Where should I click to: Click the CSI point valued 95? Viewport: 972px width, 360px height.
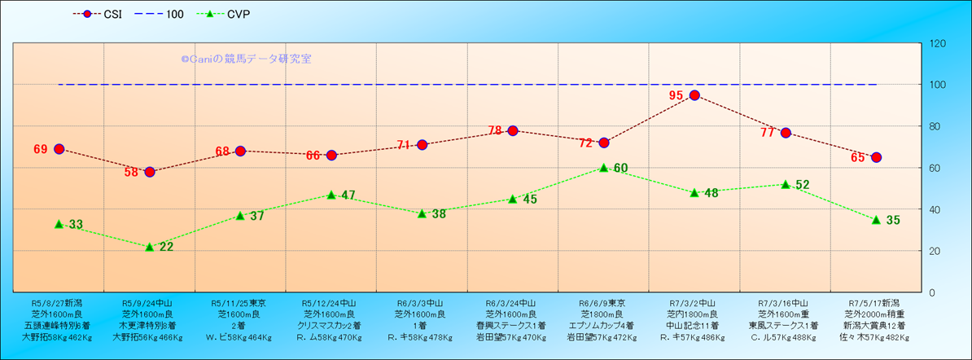pyautogui.click(x=694, y=95)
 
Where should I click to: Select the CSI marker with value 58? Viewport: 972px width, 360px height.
pyautogui.click(x=150, y=172)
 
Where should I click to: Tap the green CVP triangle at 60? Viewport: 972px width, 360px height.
pyautogui.click(x=604, y=168)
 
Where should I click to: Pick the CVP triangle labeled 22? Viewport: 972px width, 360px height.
pyautogui.click(x=150, y=246)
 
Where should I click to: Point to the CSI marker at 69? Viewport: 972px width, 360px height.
pyautogui.click(x=59, y=149)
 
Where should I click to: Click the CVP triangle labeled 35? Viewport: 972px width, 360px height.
pyautogui.click(x=877, y=220)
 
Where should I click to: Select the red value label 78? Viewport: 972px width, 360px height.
pyautogui.click(x=495, y=130)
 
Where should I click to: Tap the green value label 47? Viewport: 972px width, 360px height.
pyautogui.click(x=348, y=195)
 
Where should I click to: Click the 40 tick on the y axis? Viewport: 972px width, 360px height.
pyautogui.click(x=934, y=209)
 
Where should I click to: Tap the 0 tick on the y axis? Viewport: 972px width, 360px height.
pyautogui.click(x=930, y=292)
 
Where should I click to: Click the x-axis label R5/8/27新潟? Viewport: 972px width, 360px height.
pyautogui.click(x=58, y=301)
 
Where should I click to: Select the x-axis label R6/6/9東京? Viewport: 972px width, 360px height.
pyautogui.click(x=603, y=301)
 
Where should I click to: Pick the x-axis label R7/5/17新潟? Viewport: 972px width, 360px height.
pyautogui.click(x=877, y=301)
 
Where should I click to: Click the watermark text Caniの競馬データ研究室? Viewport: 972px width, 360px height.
pyautogui.click(x=246, y=59)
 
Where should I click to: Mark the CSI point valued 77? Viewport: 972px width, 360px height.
pyautogui.click(x=786, y=133)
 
